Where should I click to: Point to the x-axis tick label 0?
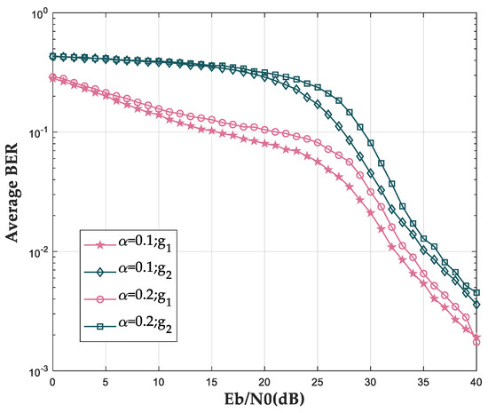point(53,383)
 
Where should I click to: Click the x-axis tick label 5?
point(106,383)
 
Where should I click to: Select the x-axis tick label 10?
point(159,383)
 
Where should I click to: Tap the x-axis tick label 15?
point(212,383)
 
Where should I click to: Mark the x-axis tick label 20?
point(265,383)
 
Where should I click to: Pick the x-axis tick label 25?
point(319,383)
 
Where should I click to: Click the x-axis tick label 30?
point(372,383)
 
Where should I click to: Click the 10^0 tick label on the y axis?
point(35,14)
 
